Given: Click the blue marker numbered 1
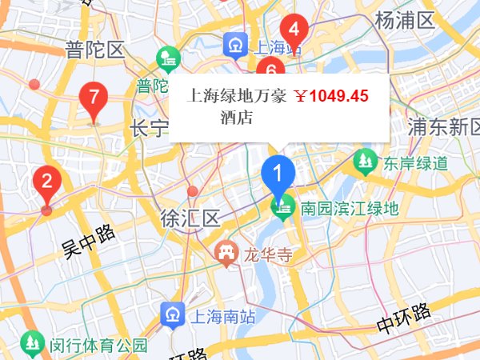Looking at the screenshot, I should point(278,172).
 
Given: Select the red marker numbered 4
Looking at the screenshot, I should point(294,30).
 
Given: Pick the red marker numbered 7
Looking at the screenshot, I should point(94,98).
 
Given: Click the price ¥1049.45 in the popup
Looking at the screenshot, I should point(331,96).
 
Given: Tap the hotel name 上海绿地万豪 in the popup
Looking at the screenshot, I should point(237,96).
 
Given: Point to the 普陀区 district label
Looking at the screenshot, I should point(96,50).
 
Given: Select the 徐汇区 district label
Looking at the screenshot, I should point(190,218).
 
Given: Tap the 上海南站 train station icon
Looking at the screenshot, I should point(173,315).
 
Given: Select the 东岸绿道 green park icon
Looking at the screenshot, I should point(365,163).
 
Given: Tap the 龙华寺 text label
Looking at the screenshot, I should point(265,255).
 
